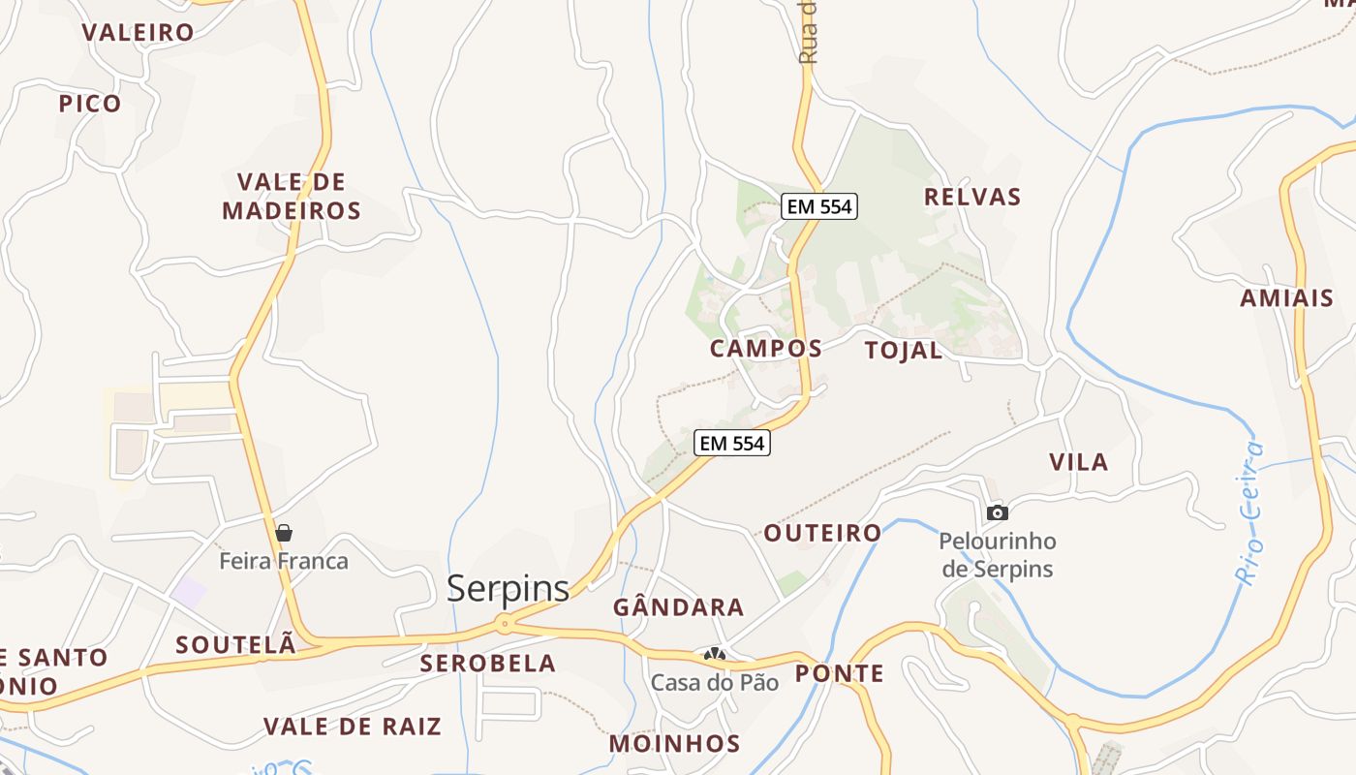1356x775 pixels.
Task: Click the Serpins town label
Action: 508,588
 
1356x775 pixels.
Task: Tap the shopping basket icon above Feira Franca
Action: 284,533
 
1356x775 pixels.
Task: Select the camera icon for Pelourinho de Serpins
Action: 997,512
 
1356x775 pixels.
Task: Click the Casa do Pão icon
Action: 715,656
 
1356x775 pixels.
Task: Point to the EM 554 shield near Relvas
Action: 819,206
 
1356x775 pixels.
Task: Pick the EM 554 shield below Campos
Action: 732,444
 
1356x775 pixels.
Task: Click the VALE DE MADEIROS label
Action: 292,197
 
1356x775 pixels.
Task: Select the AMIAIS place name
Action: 1286,298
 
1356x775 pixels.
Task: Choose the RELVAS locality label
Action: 972,198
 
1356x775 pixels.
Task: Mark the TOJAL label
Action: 903,351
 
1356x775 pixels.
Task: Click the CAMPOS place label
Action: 766,349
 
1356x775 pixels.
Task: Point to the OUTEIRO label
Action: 822,533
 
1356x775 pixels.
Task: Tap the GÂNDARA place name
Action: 678,608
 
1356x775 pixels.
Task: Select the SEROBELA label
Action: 488,664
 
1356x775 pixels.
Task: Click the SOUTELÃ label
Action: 235,645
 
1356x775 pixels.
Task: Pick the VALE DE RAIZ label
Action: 353,727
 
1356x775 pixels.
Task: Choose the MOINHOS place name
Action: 674,744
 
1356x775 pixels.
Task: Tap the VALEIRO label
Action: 138,32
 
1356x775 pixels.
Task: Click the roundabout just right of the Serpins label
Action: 505,624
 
